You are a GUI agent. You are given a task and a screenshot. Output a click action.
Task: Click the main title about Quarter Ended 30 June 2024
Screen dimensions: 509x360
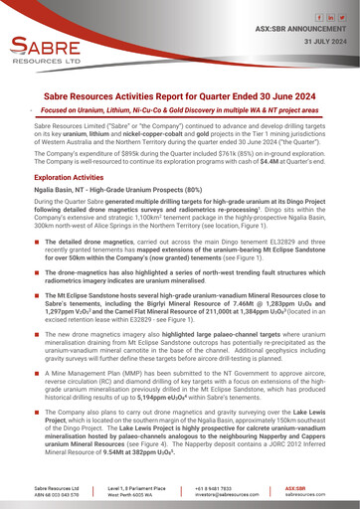tap(180, 88)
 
